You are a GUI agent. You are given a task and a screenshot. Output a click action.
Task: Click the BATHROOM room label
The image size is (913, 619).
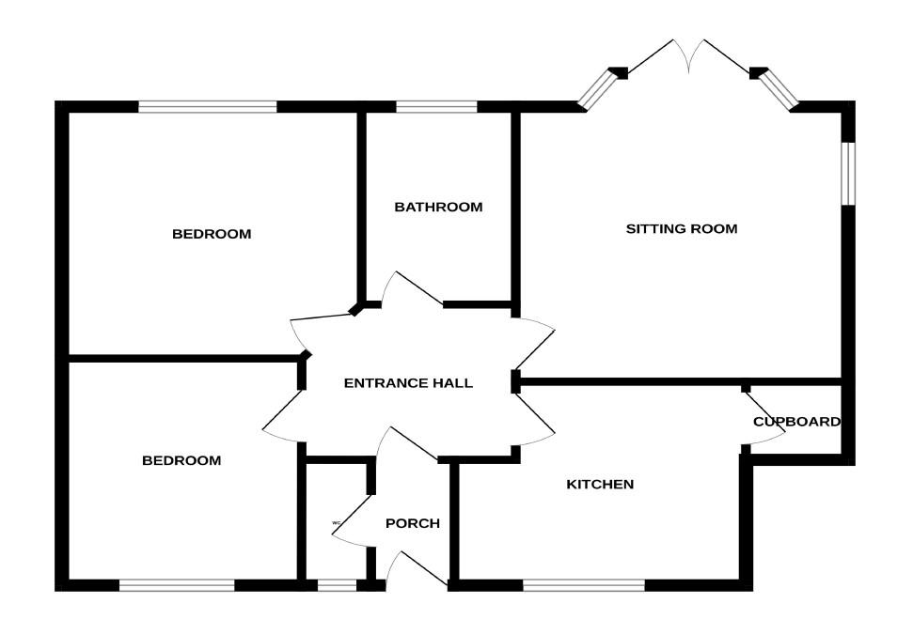pyautogui.click(x=438, y=207)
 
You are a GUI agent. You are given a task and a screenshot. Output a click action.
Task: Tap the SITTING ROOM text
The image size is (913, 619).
pyautogui.click(x=682, y=228)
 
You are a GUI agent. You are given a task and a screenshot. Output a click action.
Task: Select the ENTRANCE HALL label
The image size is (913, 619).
pyautogui.click(x=408, y=383)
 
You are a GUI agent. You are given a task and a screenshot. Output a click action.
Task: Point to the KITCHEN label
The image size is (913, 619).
pyautogui.click(x=600, y=485)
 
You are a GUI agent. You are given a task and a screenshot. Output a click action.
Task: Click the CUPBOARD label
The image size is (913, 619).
pyautogui.click(x=796, y=422)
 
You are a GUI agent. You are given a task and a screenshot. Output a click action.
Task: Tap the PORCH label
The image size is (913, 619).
pyautogui.click(x=413, y=523)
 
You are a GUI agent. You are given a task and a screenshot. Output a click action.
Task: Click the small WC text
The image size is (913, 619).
pyautogui.click(x=335, y=523)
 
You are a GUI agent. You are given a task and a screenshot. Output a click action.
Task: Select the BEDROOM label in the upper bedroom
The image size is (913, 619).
pyautogui.click(x=212, y=234)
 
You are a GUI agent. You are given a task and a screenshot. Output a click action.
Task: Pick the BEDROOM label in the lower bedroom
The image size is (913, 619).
pyautogui.click(x=181, y=460)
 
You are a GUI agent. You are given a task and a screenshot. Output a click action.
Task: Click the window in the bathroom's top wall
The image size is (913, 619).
pyautogui.click(x=436, y=107)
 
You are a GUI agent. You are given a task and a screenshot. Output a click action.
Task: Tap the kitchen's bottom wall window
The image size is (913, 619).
pyautogui.click(x=584, y=585)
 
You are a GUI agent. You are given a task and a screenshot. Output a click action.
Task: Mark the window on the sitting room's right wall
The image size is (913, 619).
pyautogui.click(x=848, y=172)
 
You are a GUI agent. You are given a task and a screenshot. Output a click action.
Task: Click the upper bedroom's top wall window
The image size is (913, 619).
pyautogui.click(x=208, y=107)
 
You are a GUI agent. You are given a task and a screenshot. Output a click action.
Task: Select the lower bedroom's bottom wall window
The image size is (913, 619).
pyautogui.click(x=177, y=585)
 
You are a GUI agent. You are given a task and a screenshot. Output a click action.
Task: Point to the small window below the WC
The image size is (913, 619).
pyautogui.click(x=337, y=585)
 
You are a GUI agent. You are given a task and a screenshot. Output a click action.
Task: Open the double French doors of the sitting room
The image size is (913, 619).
pyautogui.click(x=690, y=58)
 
